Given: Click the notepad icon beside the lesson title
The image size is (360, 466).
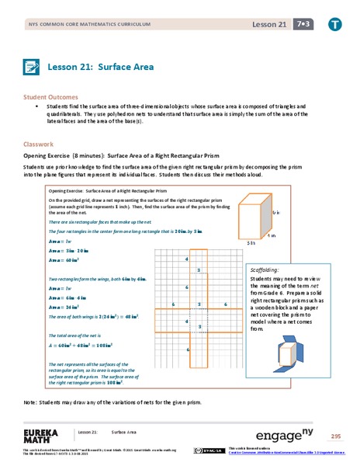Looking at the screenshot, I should click(x=32, y=67).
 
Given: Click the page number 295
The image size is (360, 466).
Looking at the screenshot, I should click(x=335, y=436).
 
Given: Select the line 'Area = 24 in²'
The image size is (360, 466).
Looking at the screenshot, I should click(x=65, y=307).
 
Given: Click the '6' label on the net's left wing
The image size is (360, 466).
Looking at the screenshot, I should click(x=172, y=304).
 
